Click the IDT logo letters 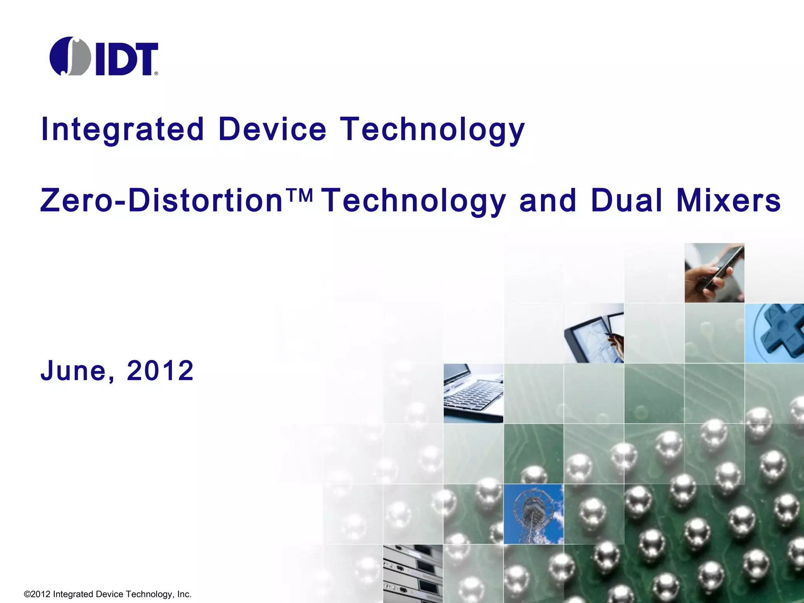tap(126, 59)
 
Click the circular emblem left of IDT tap(70, 56)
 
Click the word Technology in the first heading tap(432, 130)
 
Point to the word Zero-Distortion tap(161, 200)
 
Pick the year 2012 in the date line tap(160, 371)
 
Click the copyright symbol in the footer tap(27, 594)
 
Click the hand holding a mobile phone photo tap(714, 273)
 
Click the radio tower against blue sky tap(533, 514)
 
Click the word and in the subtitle tap(548, 200)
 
